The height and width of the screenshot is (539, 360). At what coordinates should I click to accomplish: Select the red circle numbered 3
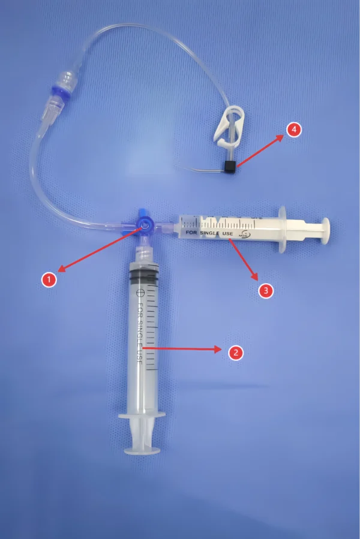pos(266,291)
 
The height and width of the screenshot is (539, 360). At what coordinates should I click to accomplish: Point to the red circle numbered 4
pos(293,130)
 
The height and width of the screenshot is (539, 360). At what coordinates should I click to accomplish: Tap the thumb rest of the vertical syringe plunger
pos(142,448)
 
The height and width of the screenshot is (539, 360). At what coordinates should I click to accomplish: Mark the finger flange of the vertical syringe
pos(142,415)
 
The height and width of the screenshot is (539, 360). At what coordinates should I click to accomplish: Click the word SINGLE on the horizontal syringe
pos(214,231)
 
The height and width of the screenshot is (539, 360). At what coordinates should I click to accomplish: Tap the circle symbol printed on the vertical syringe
pos(140,293)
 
